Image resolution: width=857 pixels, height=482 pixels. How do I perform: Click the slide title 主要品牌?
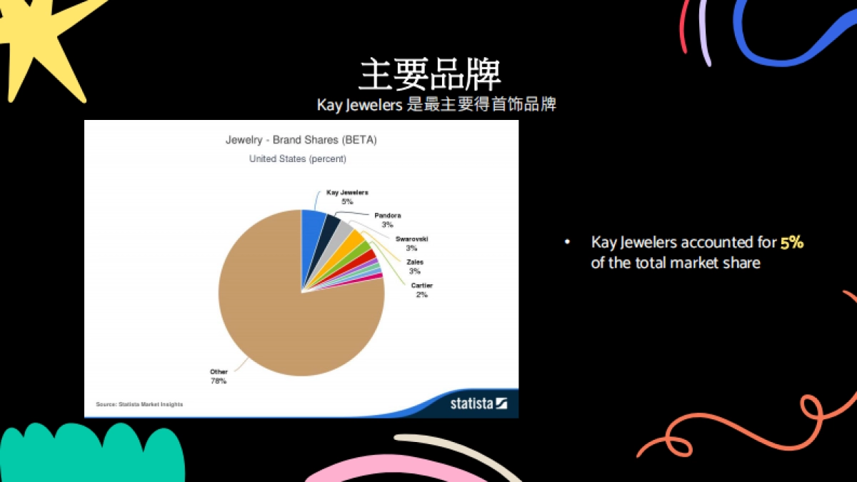[429, 74]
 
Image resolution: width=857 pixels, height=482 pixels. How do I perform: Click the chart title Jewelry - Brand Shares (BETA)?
[301, 140]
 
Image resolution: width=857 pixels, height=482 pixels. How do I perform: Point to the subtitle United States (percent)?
[297, 159]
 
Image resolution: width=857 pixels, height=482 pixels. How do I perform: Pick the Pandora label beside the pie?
[387, 216]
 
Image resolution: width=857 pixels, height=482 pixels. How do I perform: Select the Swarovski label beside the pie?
[411, 239]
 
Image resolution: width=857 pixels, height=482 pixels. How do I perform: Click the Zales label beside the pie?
[414, 263]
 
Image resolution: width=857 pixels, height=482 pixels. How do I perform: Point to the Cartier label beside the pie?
[421, 286]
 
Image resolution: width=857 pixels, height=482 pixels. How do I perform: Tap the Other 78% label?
[219, 376]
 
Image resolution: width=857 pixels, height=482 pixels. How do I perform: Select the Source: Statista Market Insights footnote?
[139, 404]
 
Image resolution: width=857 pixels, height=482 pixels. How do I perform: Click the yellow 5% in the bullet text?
[792, 243]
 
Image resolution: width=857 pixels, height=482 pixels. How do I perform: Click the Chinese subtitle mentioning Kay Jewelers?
[436, 105]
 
